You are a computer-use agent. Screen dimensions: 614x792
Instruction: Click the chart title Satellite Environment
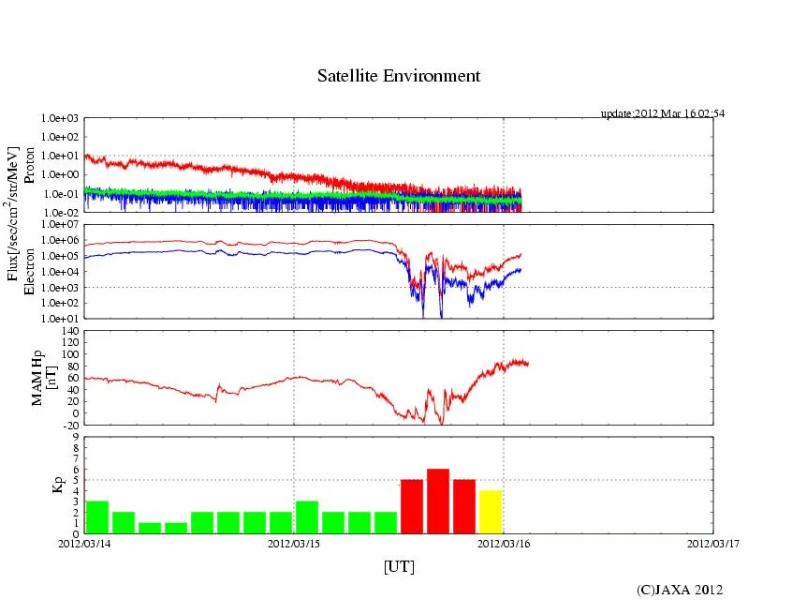point(399,76)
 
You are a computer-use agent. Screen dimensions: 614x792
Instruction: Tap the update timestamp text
point(662,113)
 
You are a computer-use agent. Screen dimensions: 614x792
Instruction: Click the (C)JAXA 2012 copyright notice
point(680,590)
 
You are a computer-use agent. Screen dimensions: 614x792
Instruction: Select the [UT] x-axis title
point(399,566)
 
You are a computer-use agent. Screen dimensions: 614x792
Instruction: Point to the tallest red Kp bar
point(438,501)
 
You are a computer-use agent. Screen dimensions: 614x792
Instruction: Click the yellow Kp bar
point(491,511)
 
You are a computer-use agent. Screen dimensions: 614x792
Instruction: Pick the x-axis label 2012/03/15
point(294,543)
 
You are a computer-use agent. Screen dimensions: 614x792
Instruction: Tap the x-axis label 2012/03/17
point(712,543)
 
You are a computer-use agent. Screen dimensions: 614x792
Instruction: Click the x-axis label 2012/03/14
point(84,543)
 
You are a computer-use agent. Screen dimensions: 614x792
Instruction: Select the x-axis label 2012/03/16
point(504,543)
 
